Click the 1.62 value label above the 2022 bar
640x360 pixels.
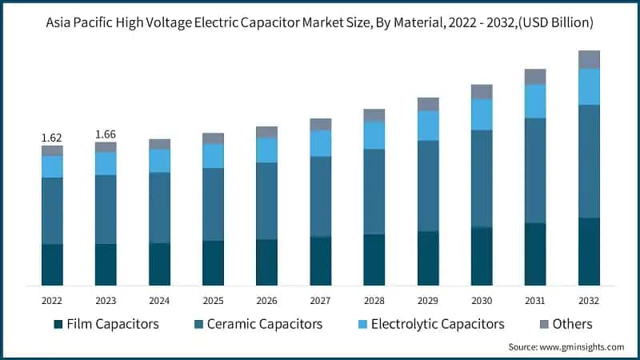(x=52, y=138)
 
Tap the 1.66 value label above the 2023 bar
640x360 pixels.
(x=106, y=134)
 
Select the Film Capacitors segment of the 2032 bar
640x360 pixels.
(x=589, y=251)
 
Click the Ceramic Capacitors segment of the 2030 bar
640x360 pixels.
(x=482, y=179)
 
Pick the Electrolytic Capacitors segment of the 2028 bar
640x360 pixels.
(x=374, y=135)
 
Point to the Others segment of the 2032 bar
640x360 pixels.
(x=589, y=59)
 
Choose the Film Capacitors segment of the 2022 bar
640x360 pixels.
(x=52, y=265)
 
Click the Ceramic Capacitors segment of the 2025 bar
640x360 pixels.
(x=213, y=204)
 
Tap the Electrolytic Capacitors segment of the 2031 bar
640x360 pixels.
(x=535, y=101)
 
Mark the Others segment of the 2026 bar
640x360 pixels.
(x=266, y=132)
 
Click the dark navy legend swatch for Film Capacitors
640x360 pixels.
(x=58, y=325)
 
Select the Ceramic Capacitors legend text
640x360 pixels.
(x=264, y=324)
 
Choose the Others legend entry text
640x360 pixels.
(x=572, y=324)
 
